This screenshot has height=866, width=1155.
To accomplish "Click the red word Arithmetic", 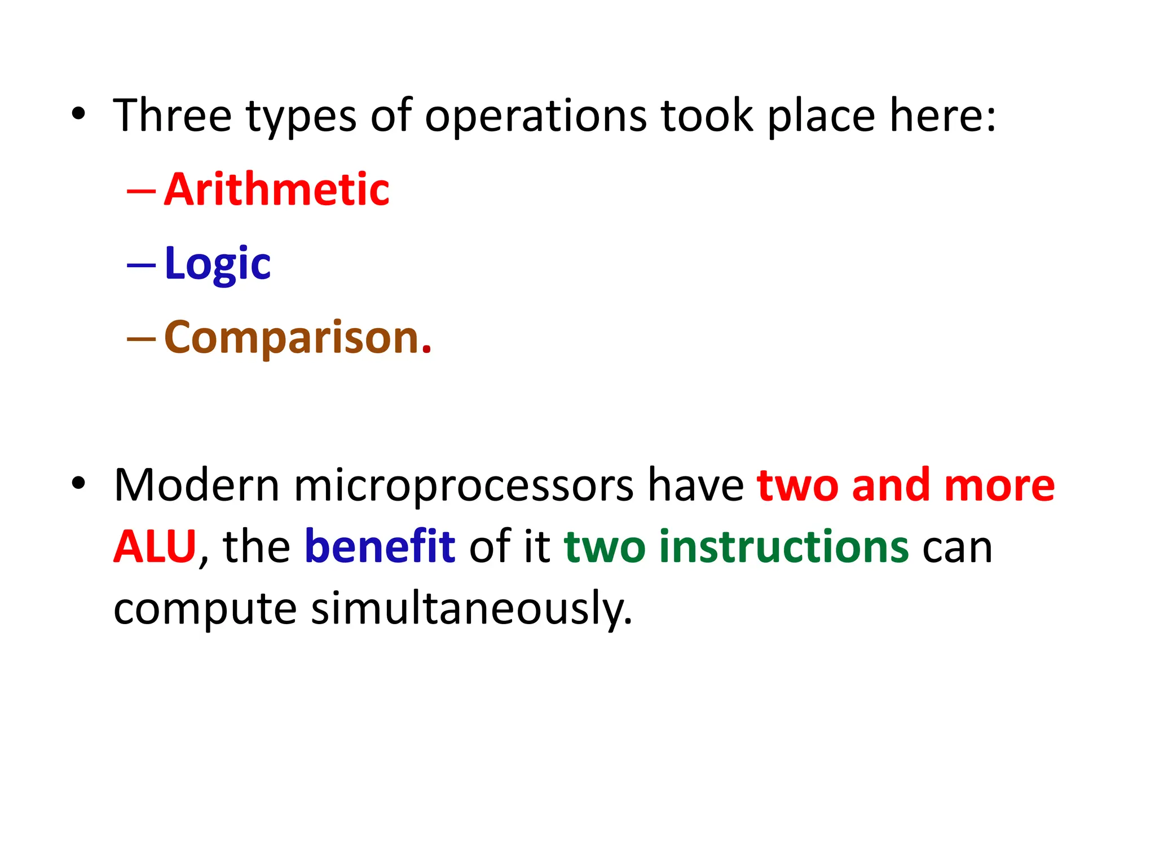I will click(x=276, y=189).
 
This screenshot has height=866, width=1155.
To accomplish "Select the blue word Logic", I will click(x=217, y=264).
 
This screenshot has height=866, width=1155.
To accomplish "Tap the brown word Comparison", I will click(x=292, y=338).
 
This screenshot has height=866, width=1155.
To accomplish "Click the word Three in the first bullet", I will click(x=173, y=116).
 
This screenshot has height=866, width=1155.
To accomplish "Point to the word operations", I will click(x=535, y=117).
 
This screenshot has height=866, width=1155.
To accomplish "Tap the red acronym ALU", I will click(x=155, y=546).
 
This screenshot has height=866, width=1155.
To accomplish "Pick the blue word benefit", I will click(x=380, y=546).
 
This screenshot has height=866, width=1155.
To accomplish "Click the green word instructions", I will click(x=784, y=546).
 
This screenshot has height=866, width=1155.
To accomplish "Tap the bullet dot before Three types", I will click(x=78, y=115).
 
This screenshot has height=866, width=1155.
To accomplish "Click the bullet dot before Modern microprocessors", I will click(x=78, y=484).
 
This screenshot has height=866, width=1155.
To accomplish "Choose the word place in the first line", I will click(x=821, y=117).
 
